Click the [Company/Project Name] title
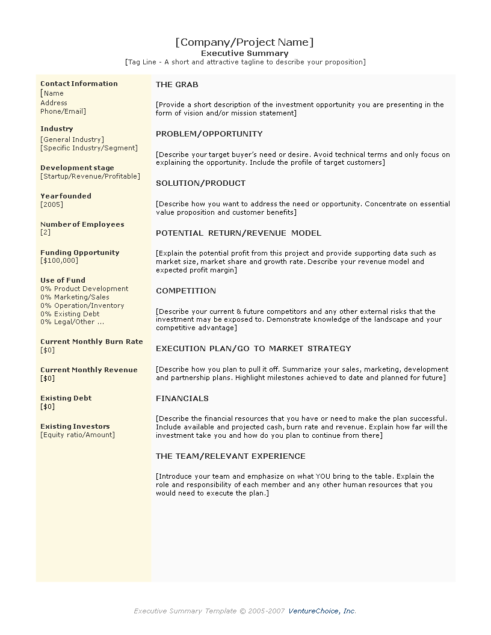pos(244,42)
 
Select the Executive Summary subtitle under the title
pos(244,53)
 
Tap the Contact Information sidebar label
pos(79,84)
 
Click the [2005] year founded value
pos(52,204)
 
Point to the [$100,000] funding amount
pos(59,260)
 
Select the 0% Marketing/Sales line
pos(75,297)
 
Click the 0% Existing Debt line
pos(70,314)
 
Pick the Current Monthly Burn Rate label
pos(91,342)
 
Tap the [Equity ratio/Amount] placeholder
pos(78,435)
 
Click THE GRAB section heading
pos(177,85)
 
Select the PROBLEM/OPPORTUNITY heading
pos(209,134)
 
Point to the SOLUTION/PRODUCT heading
pos(200,183)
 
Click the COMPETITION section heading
pos(186,291)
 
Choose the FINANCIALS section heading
pos(182,399)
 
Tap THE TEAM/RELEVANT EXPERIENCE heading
pos(230,456)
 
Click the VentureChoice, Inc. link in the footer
pos(323,611)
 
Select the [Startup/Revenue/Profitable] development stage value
pos(90,176)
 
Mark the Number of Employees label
pos(82,224)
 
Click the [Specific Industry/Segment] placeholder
pos(89,148)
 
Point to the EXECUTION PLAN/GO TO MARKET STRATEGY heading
pos(253,349)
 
